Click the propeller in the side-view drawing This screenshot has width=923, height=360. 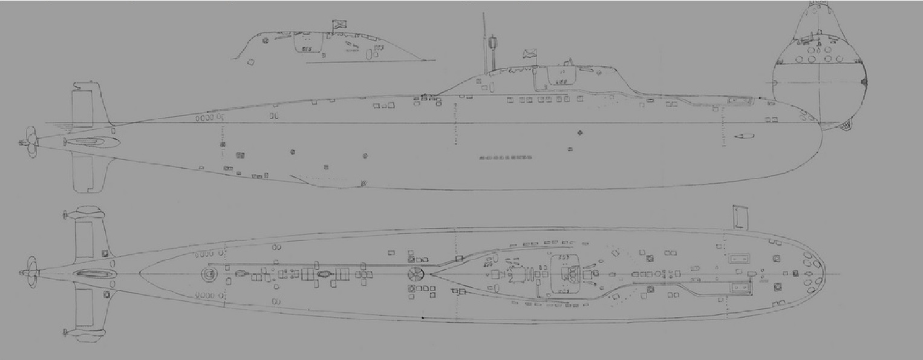(28, 142)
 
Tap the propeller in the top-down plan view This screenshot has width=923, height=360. (30, 273)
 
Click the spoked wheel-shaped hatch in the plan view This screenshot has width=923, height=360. (416, 273)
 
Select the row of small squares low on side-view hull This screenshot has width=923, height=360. (506, 158)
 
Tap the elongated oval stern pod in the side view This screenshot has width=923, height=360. (91, 142)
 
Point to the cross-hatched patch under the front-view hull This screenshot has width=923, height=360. (843, 126)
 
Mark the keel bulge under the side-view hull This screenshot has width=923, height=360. (327, 182)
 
